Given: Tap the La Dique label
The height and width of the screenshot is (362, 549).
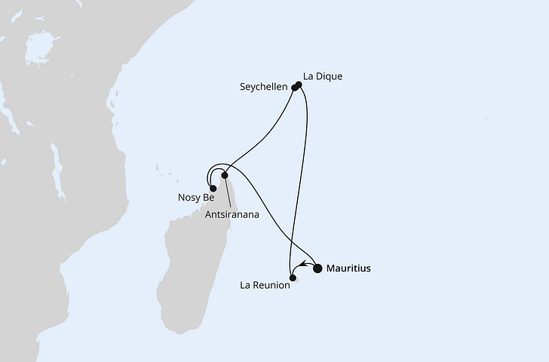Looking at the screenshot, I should pyautogui.click(x=323, y=75).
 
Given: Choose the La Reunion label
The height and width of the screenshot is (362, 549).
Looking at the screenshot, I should pyautogui.click(x=264, y=285).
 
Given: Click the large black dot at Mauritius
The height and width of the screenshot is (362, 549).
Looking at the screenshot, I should pyautogui.click(x=317, y=268).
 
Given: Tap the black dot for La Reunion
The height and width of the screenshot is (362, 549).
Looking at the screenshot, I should pyautogui.click(x=292, y=278).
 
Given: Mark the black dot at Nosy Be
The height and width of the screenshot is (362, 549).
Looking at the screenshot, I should pyautogui.click(x=213, y=189).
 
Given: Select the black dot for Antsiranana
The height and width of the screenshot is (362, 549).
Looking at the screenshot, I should pyautogui.click(x=225, y=175).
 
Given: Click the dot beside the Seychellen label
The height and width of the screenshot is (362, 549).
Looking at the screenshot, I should pyautogui.click(x=294, y=87).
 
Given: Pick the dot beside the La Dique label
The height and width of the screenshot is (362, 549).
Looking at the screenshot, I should pyautogui.click(x=299, y=84).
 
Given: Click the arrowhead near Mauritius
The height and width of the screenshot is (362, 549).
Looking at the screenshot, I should pyautogui.click(x=302, y=265).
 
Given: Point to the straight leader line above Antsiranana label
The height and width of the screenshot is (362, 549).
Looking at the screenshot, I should pyautogui.click(x=227, y=192).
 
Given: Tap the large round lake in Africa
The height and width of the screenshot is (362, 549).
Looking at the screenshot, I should pyautogui.click(x=37, y=51).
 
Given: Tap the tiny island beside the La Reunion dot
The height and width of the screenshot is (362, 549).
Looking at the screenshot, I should pyautogui.click(x=297, y=280).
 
